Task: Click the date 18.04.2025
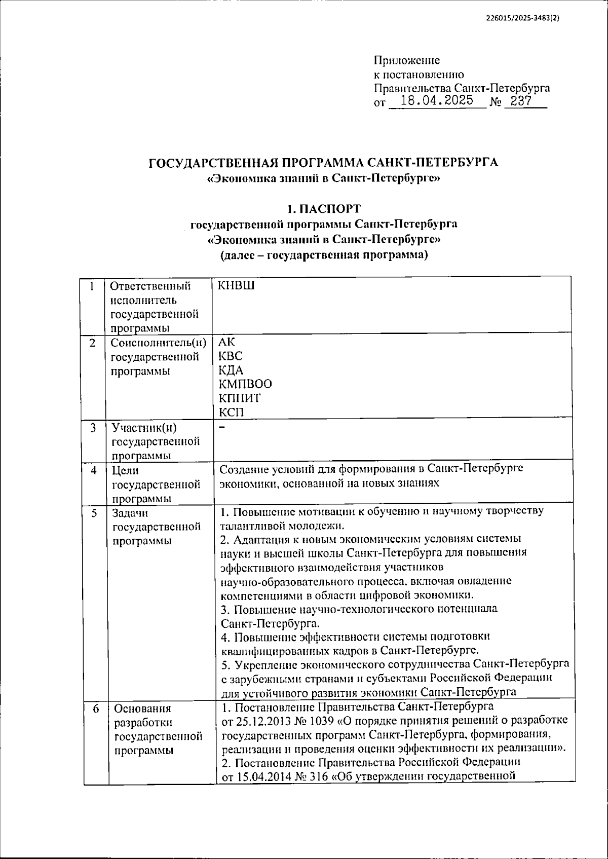pos(436,100)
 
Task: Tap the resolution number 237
pos(520,100)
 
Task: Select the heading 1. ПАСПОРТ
pos(324,209)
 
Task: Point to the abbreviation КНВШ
pos(237,286)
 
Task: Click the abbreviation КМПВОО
pos(245,384)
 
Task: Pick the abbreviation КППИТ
pos(240,398)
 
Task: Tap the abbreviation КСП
pos(232,413)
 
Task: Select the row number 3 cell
pos(94,428)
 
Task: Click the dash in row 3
pos(222,427)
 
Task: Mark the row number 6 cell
pos(96,708)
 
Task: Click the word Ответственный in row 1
pos(150,286)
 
